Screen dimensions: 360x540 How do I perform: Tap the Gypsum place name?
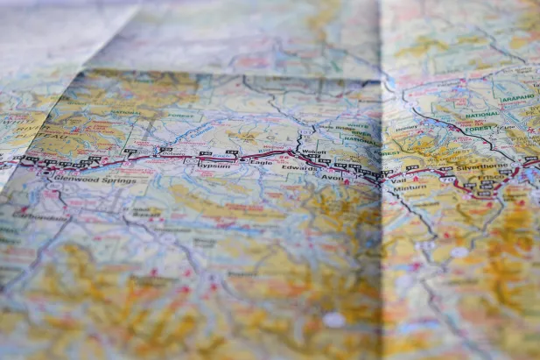click(214, 165)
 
